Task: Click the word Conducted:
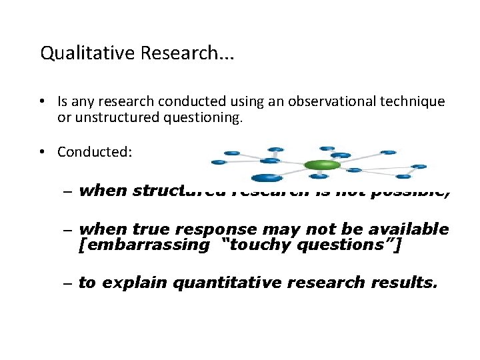click(x=95, y=152)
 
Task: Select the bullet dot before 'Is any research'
click(x=41, y=102)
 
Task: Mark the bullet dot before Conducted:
click(x=41, y=152)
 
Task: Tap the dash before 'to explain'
click(x=69, y=283)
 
